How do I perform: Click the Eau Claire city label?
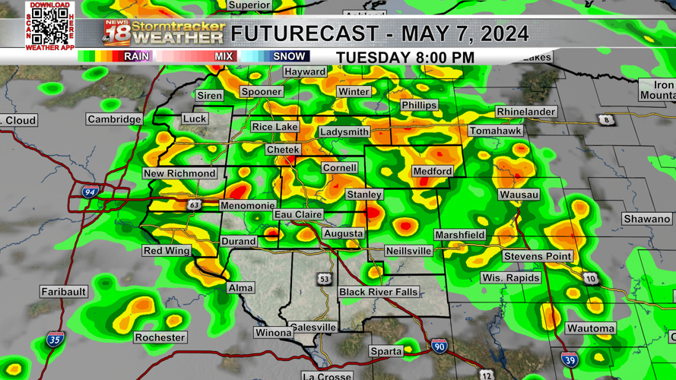[298, 215]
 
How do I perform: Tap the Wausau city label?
[519, 195]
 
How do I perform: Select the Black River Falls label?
[378, 292]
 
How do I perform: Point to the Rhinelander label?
[525, 112]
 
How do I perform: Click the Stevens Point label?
[537, 256]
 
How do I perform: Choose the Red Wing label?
[167, 251]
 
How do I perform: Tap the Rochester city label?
[160, 337]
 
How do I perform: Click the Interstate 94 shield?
[90, 192]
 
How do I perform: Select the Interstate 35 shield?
[54, 340]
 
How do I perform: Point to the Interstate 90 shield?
[439, 347]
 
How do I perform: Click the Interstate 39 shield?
[569, 359]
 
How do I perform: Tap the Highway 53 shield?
[325, 279]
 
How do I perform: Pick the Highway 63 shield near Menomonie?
[194, 205]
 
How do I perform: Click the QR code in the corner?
[50, 26]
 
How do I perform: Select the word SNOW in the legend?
[289, 56]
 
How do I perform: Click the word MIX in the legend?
[224, 56]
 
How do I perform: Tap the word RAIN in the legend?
[136, 56]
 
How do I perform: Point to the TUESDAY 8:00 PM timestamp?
[405, 58]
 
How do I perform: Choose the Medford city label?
[432, 172]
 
